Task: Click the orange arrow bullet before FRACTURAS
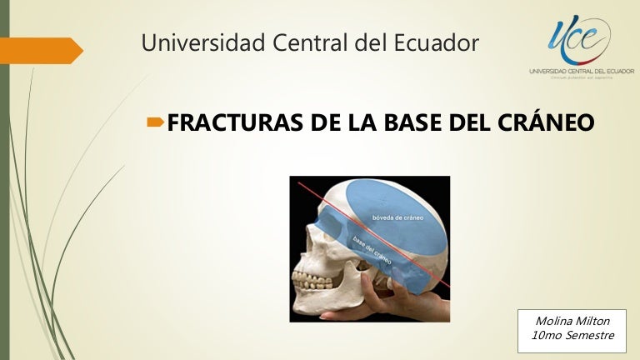point(155,123)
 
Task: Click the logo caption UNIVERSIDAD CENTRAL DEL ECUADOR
point(581,72)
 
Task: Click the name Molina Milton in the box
point(571,322)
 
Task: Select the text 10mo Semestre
point(572,337)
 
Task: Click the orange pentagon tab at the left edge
point(42,51)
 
